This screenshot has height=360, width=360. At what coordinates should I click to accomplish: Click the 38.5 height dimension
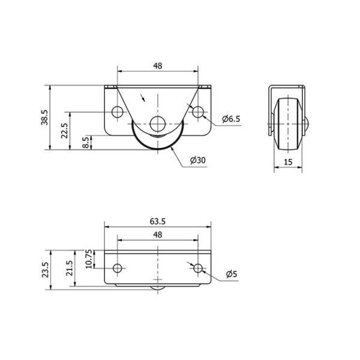pos(44,118)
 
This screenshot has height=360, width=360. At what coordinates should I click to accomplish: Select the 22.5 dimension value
pos(65,131)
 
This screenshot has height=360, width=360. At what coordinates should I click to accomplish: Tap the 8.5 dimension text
pos(86,143)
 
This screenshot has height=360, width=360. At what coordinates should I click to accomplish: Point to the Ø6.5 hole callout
pos(231,119)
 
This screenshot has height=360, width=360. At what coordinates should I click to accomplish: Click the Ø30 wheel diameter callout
pos(198,160)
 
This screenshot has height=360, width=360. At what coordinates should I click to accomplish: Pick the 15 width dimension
pos(288,162)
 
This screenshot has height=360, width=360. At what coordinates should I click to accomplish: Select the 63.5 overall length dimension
pos(158,221)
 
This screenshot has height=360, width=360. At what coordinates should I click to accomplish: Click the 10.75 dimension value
pos(89,259)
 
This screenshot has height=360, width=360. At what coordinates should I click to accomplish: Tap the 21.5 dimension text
pos(70,268)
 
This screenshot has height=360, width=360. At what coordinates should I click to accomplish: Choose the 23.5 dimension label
pos(45,270)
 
